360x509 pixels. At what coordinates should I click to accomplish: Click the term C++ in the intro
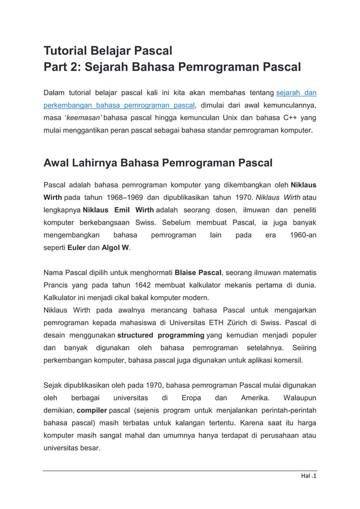(x=285, y=118)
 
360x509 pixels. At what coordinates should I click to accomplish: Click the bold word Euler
(x=77, y=247)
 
